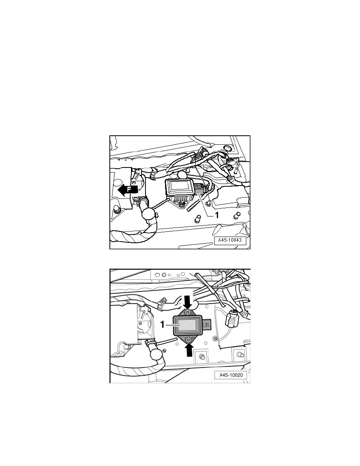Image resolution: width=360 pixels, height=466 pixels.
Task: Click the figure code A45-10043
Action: (230, 241)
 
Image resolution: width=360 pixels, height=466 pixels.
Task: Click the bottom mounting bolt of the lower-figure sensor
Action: (189, 339)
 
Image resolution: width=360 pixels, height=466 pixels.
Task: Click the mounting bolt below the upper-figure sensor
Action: (182, 204)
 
